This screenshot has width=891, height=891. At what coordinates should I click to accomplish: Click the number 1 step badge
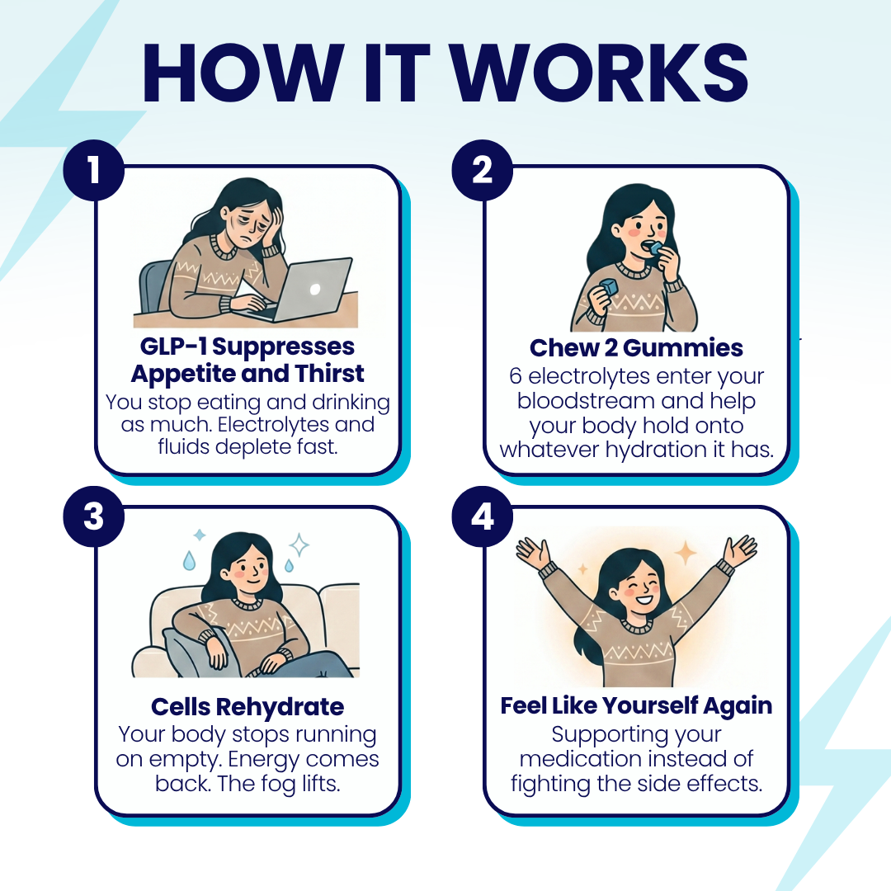[94, 170]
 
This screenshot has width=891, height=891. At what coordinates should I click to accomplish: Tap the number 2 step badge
[483, 170]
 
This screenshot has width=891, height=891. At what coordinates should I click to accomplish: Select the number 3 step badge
[94, 516]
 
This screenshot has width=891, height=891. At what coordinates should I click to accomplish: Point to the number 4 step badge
[483, 516]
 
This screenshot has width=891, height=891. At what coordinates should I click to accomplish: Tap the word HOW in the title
[243, 73]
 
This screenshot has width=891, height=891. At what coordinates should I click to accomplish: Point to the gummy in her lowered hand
[608, 286]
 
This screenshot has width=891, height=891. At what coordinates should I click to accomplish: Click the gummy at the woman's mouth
[656, 247]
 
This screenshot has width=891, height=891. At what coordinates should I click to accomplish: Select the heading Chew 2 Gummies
[636, 348]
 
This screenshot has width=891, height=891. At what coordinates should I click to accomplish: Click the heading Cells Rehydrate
[247, 707]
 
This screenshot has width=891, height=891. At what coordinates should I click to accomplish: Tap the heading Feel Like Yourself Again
[636, 705]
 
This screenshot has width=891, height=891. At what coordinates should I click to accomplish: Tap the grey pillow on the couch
[191, 652]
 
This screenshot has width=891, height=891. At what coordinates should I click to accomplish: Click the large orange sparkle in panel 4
[686, 552]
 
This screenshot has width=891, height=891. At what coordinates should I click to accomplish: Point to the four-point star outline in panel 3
[299, 545]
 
